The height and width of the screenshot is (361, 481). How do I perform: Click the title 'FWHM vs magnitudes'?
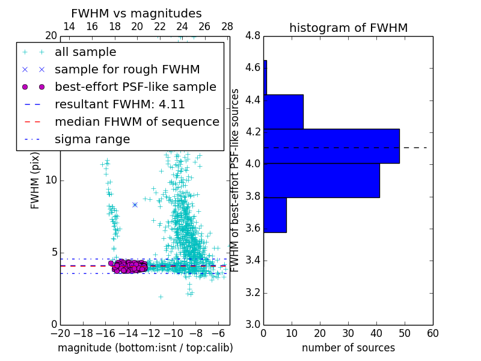(136, 14)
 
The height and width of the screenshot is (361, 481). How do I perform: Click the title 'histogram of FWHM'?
(348, 28)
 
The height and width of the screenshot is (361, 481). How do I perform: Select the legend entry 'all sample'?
(85, 52)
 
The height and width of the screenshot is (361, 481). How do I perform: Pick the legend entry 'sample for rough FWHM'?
(127, 69)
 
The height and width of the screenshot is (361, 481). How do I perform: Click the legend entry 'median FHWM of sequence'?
(137, 122)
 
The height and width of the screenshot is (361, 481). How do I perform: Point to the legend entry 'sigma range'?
(92, 139)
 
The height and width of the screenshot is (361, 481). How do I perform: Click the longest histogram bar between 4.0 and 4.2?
(331, 146)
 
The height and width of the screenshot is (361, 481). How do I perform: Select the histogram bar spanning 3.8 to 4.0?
(322, 180)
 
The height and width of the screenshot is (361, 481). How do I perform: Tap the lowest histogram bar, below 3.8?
(275, 215)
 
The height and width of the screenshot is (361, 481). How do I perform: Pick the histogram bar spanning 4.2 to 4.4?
(283, 112)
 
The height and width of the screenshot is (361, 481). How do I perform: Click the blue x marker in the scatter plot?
(135, 205)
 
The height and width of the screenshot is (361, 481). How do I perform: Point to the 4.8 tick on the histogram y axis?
(253, 36)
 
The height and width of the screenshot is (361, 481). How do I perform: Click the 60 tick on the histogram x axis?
(432, 333)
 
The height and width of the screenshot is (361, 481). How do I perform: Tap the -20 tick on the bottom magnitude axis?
(60, 333)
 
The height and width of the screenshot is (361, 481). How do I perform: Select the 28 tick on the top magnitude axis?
(227, 26)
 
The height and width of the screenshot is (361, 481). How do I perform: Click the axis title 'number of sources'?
(348, 348)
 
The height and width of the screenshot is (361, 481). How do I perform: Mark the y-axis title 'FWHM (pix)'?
(35, 180)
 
